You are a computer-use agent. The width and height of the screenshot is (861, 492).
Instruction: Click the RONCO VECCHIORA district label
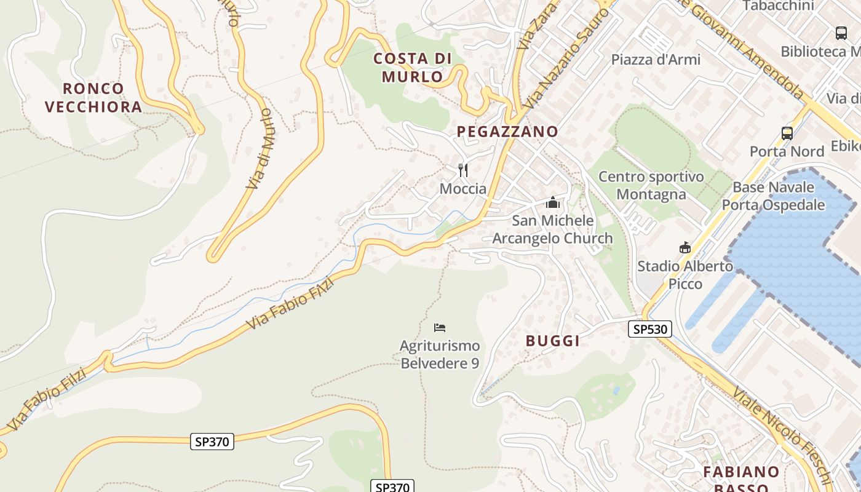(x=93, y=98)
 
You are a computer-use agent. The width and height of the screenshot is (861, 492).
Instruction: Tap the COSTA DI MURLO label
(x=413, y=68)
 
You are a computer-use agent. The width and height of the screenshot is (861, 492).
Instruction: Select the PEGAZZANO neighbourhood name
(x=507, y=131)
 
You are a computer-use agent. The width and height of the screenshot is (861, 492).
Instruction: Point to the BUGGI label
(x=553, y=341)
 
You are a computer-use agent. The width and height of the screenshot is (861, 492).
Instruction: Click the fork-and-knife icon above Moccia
(x=463, y=170)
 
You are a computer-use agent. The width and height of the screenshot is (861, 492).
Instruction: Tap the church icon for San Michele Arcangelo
(x=553, y=202)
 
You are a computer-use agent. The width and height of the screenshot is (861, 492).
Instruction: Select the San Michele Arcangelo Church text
(x=553, y=229)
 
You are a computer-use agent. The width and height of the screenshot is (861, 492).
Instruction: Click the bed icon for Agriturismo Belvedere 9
(x=439, y=328)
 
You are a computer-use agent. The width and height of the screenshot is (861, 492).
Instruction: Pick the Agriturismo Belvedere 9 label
(x=440, y=354)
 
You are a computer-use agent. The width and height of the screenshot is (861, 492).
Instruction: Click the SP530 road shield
(x=650, y=329)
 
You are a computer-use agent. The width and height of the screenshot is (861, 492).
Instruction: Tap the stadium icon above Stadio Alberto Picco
(x=684, y=247)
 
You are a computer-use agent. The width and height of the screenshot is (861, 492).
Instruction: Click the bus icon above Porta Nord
(x=787, y=133)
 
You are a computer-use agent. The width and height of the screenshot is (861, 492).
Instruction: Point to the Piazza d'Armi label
(x=656, y=60)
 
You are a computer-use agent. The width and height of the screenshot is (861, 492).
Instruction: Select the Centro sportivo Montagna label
(x=651, y=186)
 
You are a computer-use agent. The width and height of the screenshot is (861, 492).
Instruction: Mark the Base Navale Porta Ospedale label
(x=773, y=196)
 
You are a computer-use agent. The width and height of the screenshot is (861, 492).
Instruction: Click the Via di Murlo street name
(x=259, y=148)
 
